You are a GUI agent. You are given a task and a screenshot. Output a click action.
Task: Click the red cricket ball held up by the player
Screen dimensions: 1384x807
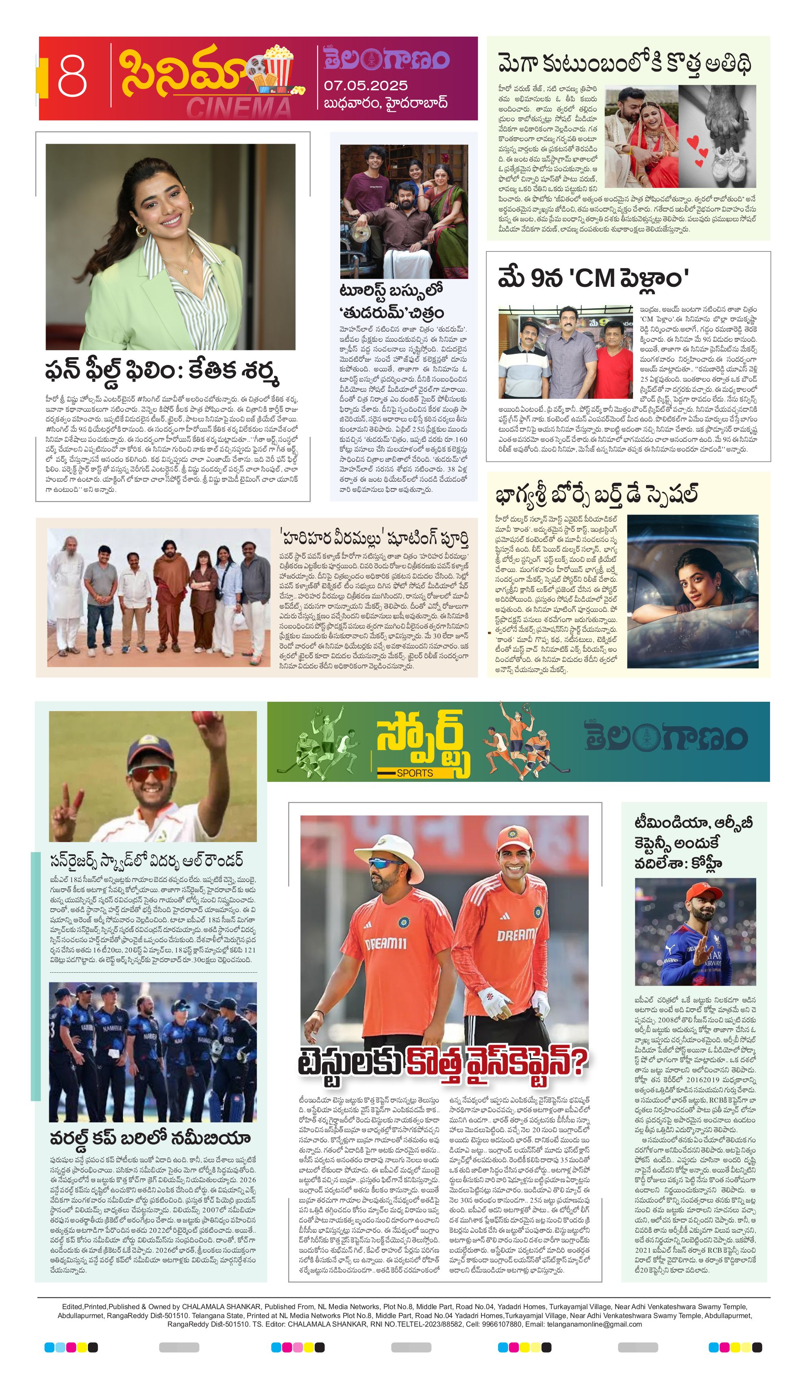click(x=211, y=718)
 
